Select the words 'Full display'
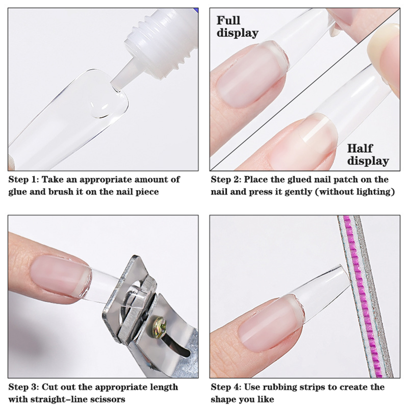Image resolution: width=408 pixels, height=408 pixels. (x=237, y=27)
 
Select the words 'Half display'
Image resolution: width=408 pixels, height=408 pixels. (x=368, y=155)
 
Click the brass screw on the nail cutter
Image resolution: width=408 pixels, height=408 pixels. (x=159, y=327)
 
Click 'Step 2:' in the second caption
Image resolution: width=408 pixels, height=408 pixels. (x=226, y=180)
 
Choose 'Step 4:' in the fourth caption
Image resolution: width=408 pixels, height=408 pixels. (x=226, y=387)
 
